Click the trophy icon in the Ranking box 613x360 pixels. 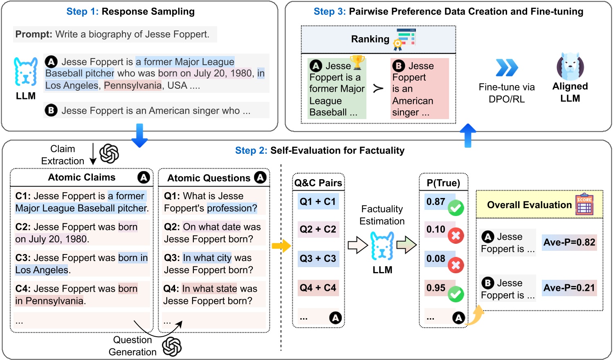(x=357, y=62)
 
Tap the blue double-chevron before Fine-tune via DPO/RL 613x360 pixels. (x=507, y=67)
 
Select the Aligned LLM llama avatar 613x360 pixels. (x=570, y=66)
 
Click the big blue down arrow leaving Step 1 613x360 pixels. (x=139, y=135)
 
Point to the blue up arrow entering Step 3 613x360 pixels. (x=468, y=135)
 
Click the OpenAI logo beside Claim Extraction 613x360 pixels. (x=109, y=154)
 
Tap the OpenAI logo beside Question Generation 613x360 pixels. (x=172, y=346)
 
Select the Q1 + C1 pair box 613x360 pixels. (x=318, y=201)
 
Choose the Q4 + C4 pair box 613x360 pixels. (x=318, y=288)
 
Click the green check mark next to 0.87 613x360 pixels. (x=456, y=208)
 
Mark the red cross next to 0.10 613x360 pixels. (x=456, y=236)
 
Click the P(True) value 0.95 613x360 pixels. (x=436, y=288)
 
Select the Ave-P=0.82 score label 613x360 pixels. (x=569, y=242)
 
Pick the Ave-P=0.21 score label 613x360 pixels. (x=569, y=288)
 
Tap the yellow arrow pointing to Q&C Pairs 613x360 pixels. (x=281, y=246)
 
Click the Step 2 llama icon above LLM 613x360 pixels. (x=382, y=246)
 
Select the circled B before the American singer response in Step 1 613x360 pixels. (x=51, y=110)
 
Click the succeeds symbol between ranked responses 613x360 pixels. (x=378, y=88)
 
